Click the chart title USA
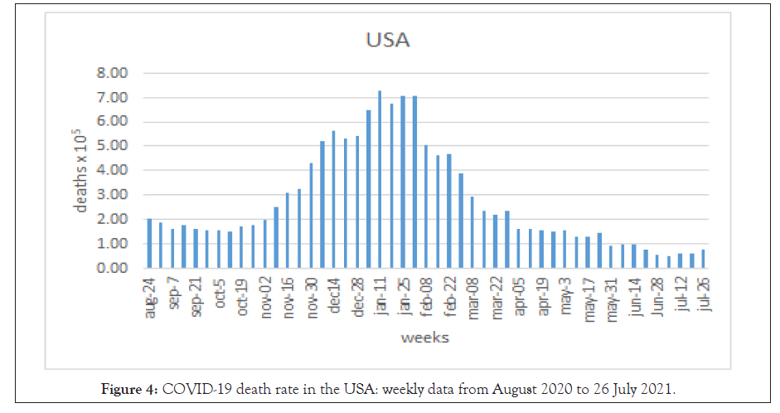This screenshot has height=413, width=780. pos(390,39)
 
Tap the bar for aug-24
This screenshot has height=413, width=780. pos(149,244)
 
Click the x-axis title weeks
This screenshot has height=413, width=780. pos(425,338)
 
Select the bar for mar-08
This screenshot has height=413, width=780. pos(472,233)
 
